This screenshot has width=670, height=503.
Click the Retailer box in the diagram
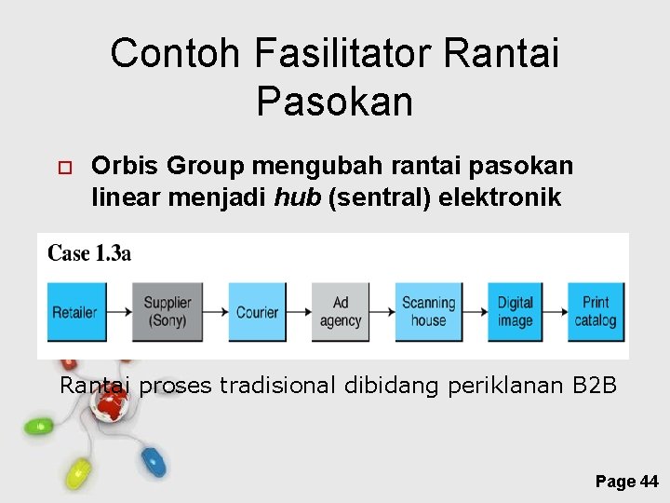click(74, 312)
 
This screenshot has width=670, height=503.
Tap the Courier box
click(257, 312)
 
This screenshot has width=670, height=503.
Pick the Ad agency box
click(341, 312)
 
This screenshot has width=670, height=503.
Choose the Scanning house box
click(428, 312)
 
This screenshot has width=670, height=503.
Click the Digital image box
click(515, 312)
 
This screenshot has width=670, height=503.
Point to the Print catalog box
click(596, 312)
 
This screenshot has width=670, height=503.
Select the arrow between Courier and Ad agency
click(300, 312)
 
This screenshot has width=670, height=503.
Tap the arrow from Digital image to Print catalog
click(556, 312)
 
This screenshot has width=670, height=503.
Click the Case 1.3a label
click(89, 253)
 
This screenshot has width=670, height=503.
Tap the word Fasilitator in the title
click(342, 53)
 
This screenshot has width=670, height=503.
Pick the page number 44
click(649, 482)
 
